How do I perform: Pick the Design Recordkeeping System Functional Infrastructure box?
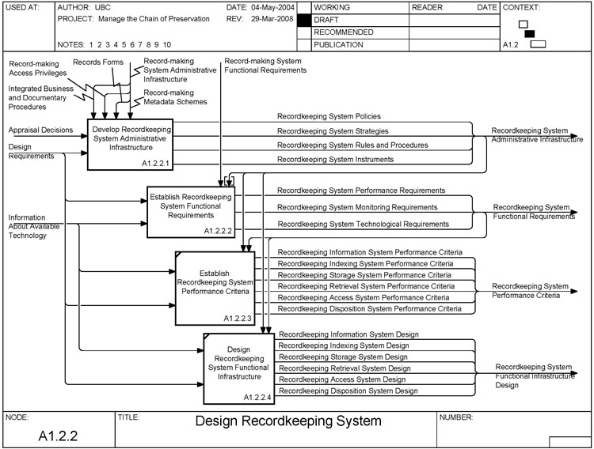click(x=238, y=366)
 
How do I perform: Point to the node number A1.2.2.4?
click(x=258, y=397)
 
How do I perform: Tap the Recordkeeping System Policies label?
click(x=329, y=116)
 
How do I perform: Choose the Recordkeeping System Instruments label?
click(x=335, y=159)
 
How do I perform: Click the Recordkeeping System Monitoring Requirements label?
click(x=357, y=207)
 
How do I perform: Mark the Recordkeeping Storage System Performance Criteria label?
click(x=365, y=275)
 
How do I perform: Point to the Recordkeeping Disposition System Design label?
click(x=348, y=391)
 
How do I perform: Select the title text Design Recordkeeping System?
click(x=288, y=421)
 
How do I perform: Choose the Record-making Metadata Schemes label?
click(x=175, y=96)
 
